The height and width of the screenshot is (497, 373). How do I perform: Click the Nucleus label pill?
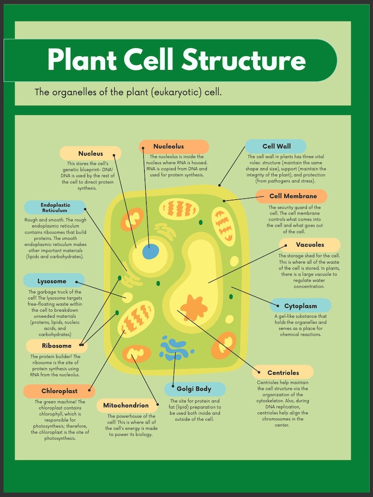point(90,153)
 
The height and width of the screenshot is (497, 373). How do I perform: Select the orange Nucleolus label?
point(174,146)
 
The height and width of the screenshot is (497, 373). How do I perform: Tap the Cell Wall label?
point(276,146)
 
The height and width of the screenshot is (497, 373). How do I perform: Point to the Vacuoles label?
point(310,245)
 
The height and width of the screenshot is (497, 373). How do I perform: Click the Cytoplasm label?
point(300,306)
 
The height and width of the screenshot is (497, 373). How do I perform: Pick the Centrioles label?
point(283,372)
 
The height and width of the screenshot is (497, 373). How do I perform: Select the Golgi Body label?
point(194,389)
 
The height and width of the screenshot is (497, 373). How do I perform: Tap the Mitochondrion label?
point(126,405)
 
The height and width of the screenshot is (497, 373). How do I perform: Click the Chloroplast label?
point(59,391)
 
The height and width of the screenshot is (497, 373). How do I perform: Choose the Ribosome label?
point(56,346)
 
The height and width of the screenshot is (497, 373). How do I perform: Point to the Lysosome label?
point(52,281)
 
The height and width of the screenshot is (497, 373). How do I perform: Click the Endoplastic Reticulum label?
point(55,207)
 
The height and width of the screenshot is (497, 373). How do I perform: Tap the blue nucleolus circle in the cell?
point(150,252)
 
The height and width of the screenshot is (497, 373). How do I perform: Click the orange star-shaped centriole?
point(193,307)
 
